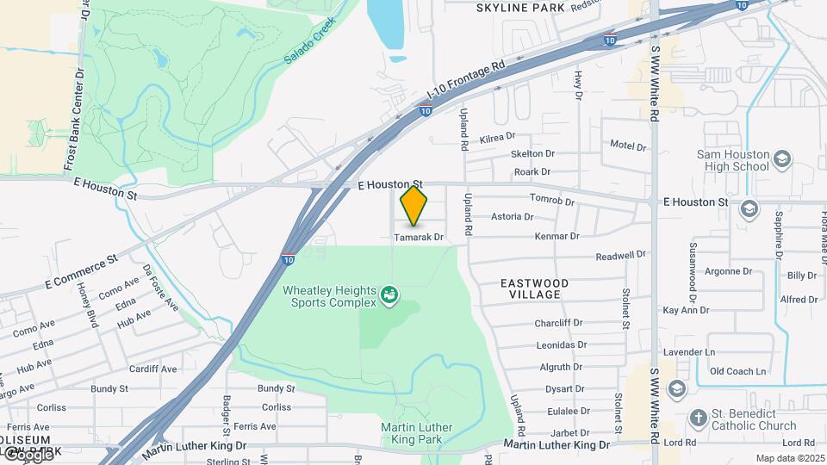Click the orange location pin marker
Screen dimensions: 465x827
point(414,206)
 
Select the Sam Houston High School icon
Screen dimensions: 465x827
point(782,159)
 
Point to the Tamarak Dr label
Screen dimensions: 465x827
point(419,237)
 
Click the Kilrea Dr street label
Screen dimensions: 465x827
point(498,136)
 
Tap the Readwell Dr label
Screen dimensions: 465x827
point(621,256)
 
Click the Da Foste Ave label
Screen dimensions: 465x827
point(161,289)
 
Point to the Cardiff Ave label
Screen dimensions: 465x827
point(152,369)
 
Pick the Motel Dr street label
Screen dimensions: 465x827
point(628,146)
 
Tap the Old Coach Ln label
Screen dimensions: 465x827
point(737,372)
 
